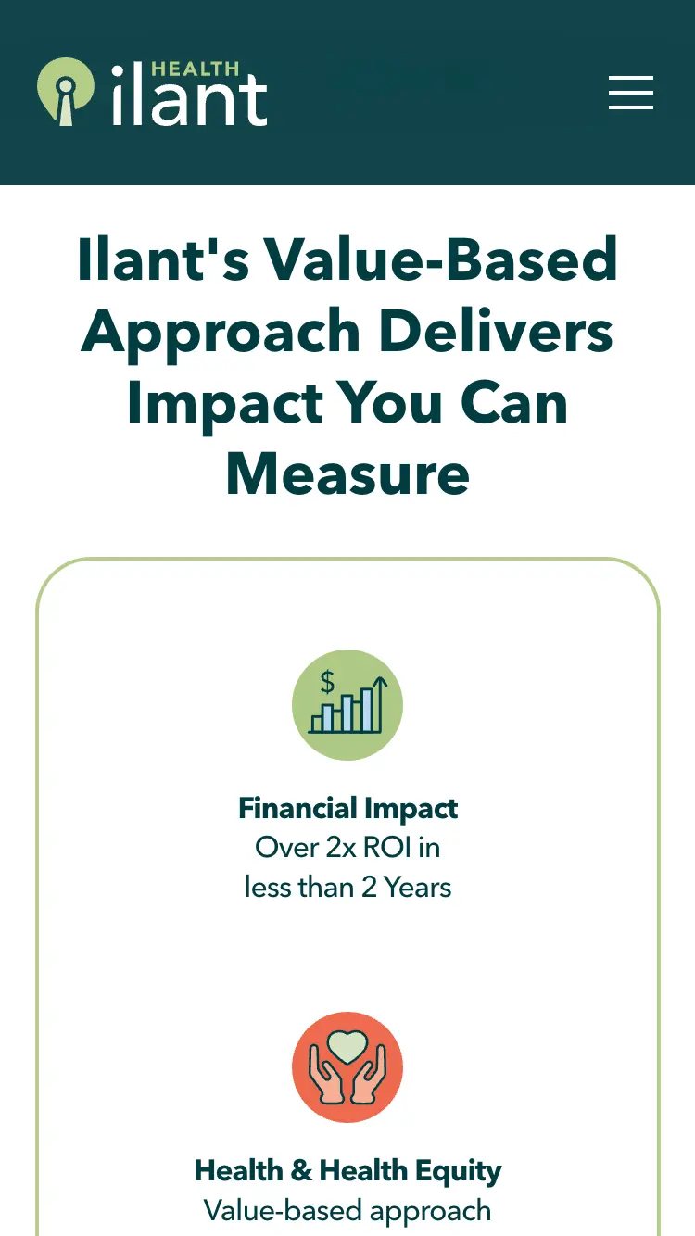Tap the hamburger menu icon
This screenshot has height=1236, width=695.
[631, 93]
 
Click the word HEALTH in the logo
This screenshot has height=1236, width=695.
[196, 69]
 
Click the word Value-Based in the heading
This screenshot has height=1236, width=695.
[441, 259]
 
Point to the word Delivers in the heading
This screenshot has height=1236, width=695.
[497, 330]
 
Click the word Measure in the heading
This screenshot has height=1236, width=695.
[347, 473]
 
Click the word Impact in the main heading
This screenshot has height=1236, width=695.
[225, 406]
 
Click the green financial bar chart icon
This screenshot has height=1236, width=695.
[347, 704]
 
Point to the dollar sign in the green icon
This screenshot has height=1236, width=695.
[327, 681]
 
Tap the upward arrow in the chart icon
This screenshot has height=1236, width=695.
[380, 703]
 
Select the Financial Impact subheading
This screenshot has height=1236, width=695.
[347, 809]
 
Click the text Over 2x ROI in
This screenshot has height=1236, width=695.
[347, 848]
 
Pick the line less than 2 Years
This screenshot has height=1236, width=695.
[347, 888]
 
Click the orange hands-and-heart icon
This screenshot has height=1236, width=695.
[347, 1067]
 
